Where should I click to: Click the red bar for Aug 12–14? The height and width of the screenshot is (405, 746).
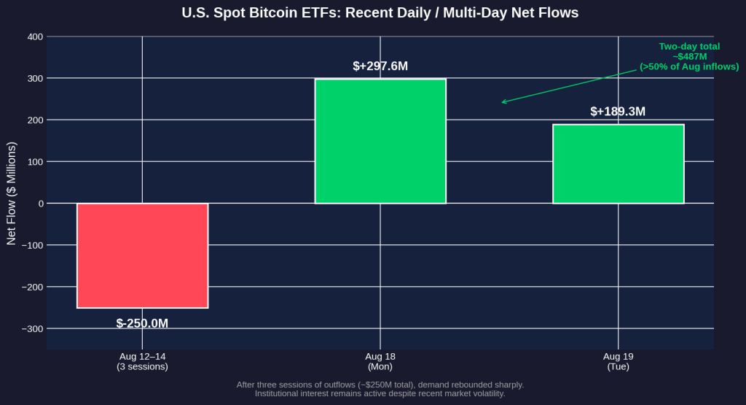pos(142,256)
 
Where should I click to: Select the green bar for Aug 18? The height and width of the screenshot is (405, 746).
pos(380,141)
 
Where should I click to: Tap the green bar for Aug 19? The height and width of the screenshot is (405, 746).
pos(618,164)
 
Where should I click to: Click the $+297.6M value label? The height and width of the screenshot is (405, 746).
pos(380,66)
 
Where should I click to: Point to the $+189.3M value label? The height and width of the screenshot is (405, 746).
pos(618,112)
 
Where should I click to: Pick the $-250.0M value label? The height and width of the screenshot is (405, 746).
pos(142,323)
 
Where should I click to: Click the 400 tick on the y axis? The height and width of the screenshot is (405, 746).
pos(36,36)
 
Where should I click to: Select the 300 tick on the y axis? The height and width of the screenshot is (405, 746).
pos(36,78)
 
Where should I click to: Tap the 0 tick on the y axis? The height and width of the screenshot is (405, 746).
pos(41,204)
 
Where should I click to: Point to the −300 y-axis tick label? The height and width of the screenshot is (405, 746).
pos(32,329)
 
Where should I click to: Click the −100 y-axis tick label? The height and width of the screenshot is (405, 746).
pos(32,245)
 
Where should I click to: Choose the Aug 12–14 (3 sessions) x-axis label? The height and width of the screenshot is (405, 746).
pos(142,362)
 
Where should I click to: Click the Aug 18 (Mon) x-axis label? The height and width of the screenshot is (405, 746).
pos(380,362)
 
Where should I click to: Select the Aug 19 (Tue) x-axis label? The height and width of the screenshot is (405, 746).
pos(618,362)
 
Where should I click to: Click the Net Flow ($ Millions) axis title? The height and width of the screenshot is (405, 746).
pos(12,193)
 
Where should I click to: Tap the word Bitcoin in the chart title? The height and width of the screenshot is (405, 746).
pos(267,12)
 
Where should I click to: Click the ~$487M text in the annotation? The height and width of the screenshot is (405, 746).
pos(689,57)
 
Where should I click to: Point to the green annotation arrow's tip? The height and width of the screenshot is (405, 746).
pos(502,102)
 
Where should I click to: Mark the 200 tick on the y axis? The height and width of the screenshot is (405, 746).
pos(36,120)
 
